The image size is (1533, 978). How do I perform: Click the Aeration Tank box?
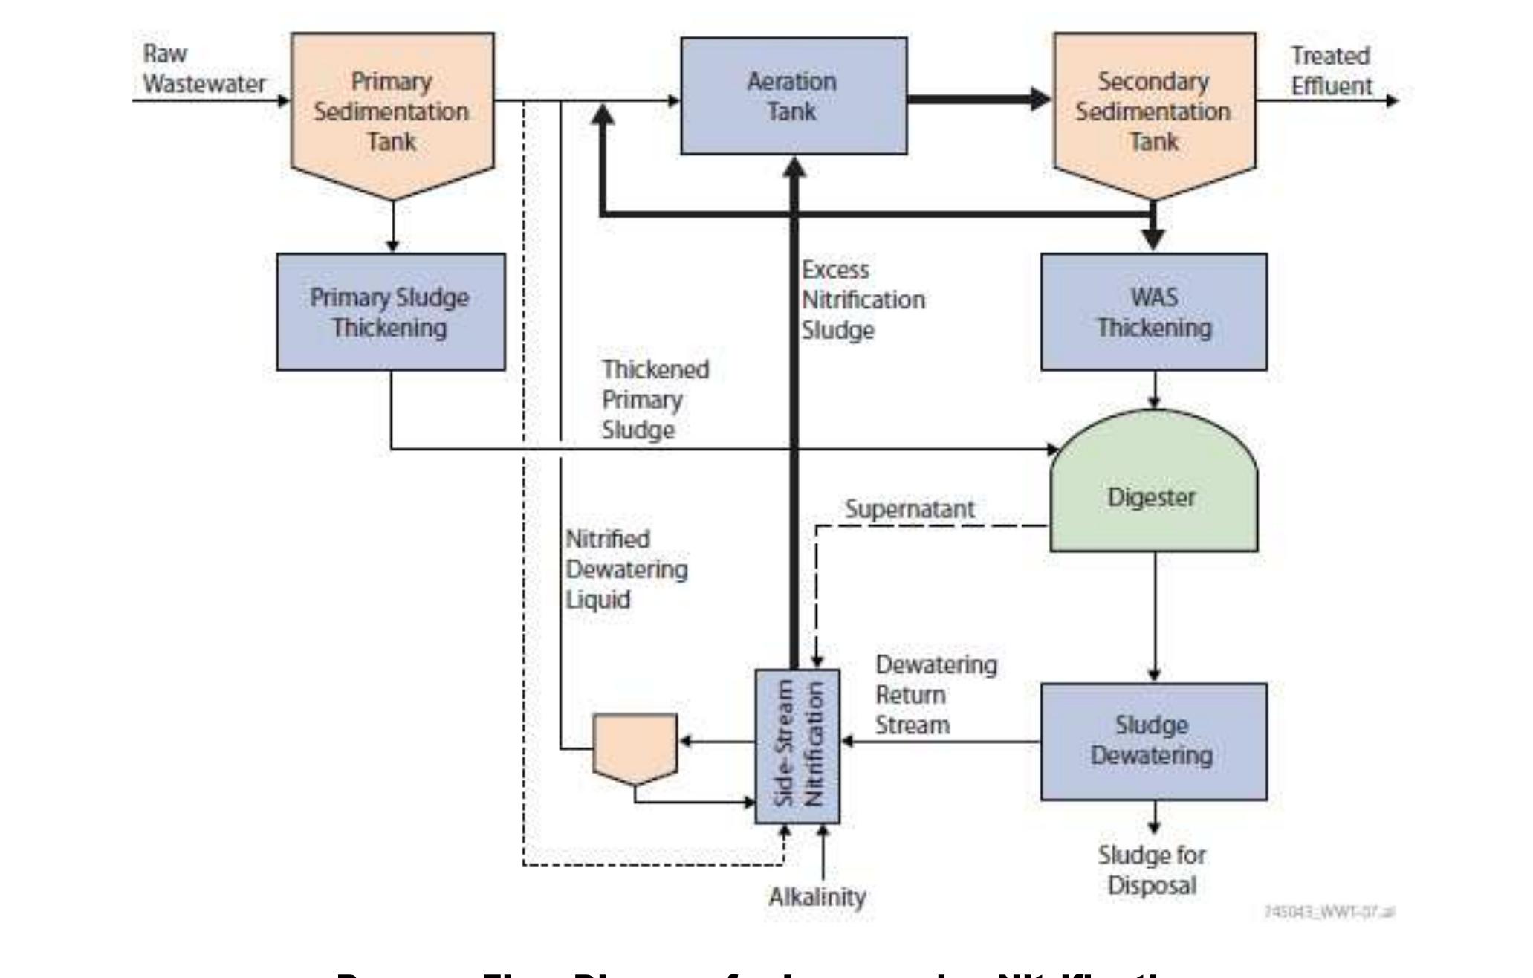[793, 97]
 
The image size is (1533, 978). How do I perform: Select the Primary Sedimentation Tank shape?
[392, 111]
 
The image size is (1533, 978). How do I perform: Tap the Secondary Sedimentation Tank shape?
[1154, 111]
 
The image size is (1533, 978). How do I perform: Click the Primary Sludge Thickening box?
[390, 312]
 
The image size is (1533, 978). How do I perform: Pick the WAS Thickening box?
[1153, 312]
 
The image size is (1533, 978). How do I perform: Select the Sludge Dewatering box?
[1153, 741]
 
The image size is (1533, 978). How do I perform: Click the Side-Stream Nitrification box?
[797, 745]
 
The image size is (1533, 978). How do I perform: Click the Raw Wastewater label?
[203, 69]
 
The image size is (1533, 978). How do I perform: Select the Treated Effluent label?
[1331, 71]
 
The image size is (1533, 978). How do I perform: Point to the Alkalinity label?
[817, 897]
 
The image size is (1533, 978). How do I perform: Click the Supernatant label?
[909, 509]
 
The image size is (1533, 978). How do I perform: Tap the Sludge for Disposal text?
[1151, 870]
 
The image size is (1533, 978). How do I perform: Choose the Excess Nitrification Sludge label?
[862, 300]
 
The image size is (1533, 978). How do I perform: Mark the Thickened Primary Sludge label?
[655, 400]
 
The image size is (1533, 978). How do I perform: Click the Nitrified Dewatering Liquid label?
[626, 569]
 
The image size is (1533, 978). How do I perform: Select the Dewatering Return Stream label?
[935, 695]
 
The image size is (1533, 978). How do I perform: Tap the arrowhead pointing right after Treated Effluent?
[1392, 100]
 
